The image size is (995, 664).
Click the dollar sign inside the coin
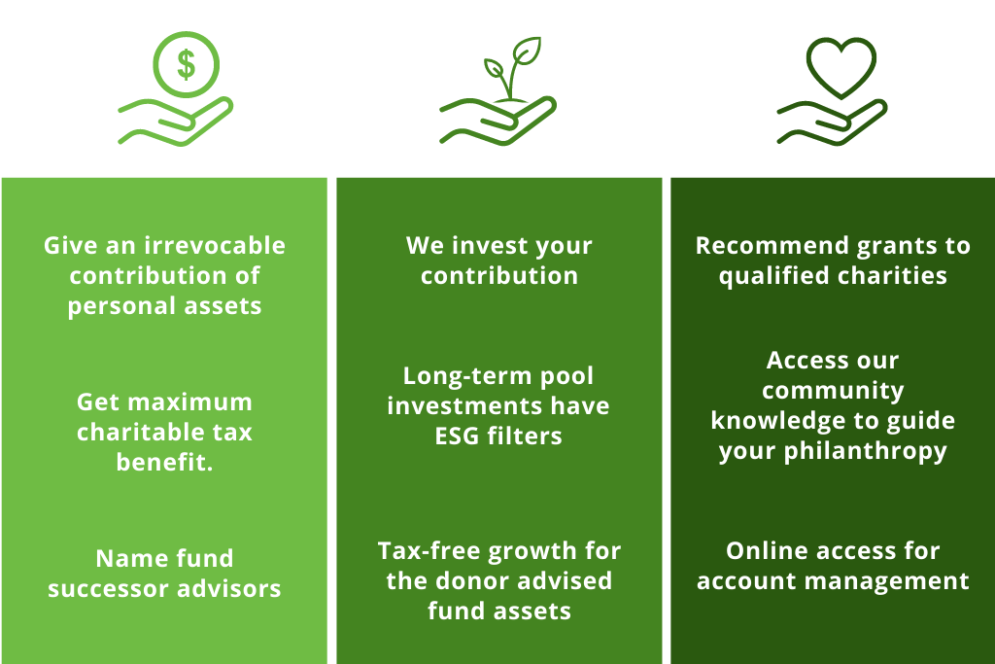186,65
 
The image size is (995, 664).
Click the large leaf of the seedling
527,51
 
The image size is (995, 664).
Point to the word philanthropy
866,452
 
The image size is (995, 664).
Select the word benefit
162,462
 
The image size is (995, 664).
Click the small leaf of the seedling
494,68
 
